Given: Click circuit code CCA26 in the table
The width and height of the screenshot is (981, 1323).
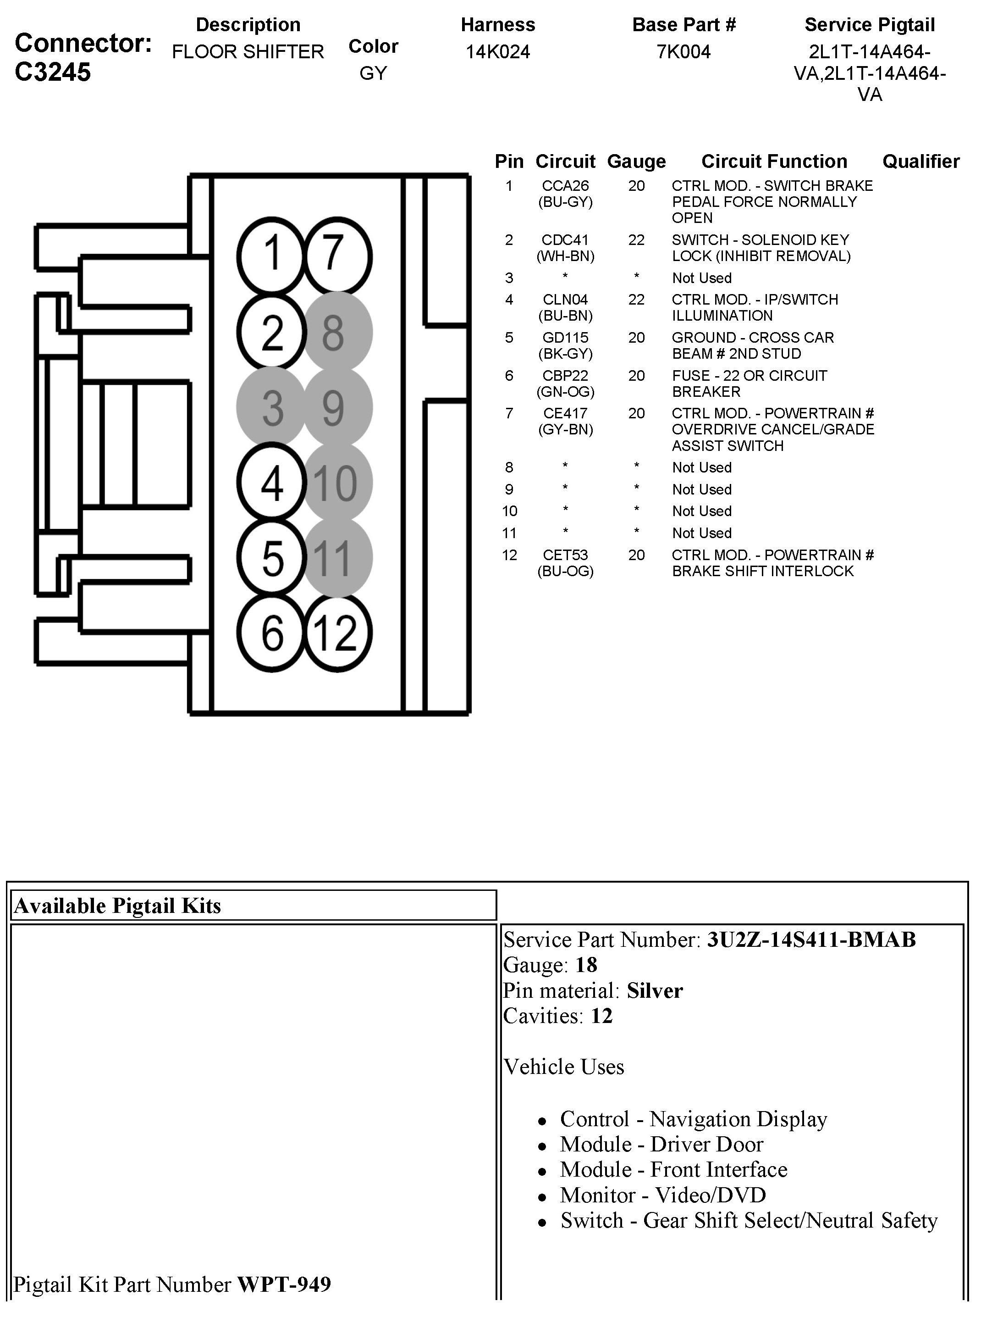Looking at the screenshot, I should pos(565,186).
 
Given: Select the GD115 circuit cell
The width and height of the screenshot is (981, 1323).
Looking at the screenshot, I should pos(565,338).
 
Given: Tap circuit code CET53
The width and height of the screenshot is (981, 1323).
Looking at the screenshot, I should pos(565,555).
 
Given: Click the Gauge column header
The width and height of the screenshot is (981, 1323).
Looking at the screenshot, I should pos(636,161).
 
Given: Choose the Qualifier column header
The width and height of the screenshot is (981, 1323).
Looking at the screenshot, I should pos(920,161).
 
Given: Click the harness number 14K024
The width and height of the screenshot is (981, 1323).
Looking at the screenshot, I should pos(498,52).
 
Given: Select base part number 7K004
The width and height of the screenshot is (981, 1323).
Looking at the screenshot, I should pos(683,52).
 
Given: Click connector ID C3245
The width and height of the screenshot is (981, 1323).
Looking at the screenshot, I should pos(53,72).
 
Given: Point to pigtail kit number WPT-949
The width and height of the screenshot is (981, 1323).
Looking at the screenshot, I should pos(284,1284).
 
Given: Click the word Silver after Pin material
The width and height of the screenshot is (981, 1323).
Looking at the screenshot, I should pos(655,990).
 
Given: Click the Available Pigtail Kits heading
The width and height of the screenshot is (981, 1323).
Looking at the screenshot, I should pos(117,906).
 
